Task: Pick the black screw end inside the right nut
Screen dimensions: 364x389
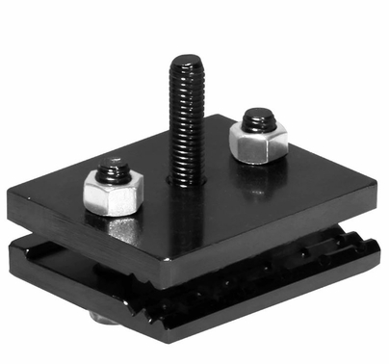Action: pyautogui.click(x=255, y=119)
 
